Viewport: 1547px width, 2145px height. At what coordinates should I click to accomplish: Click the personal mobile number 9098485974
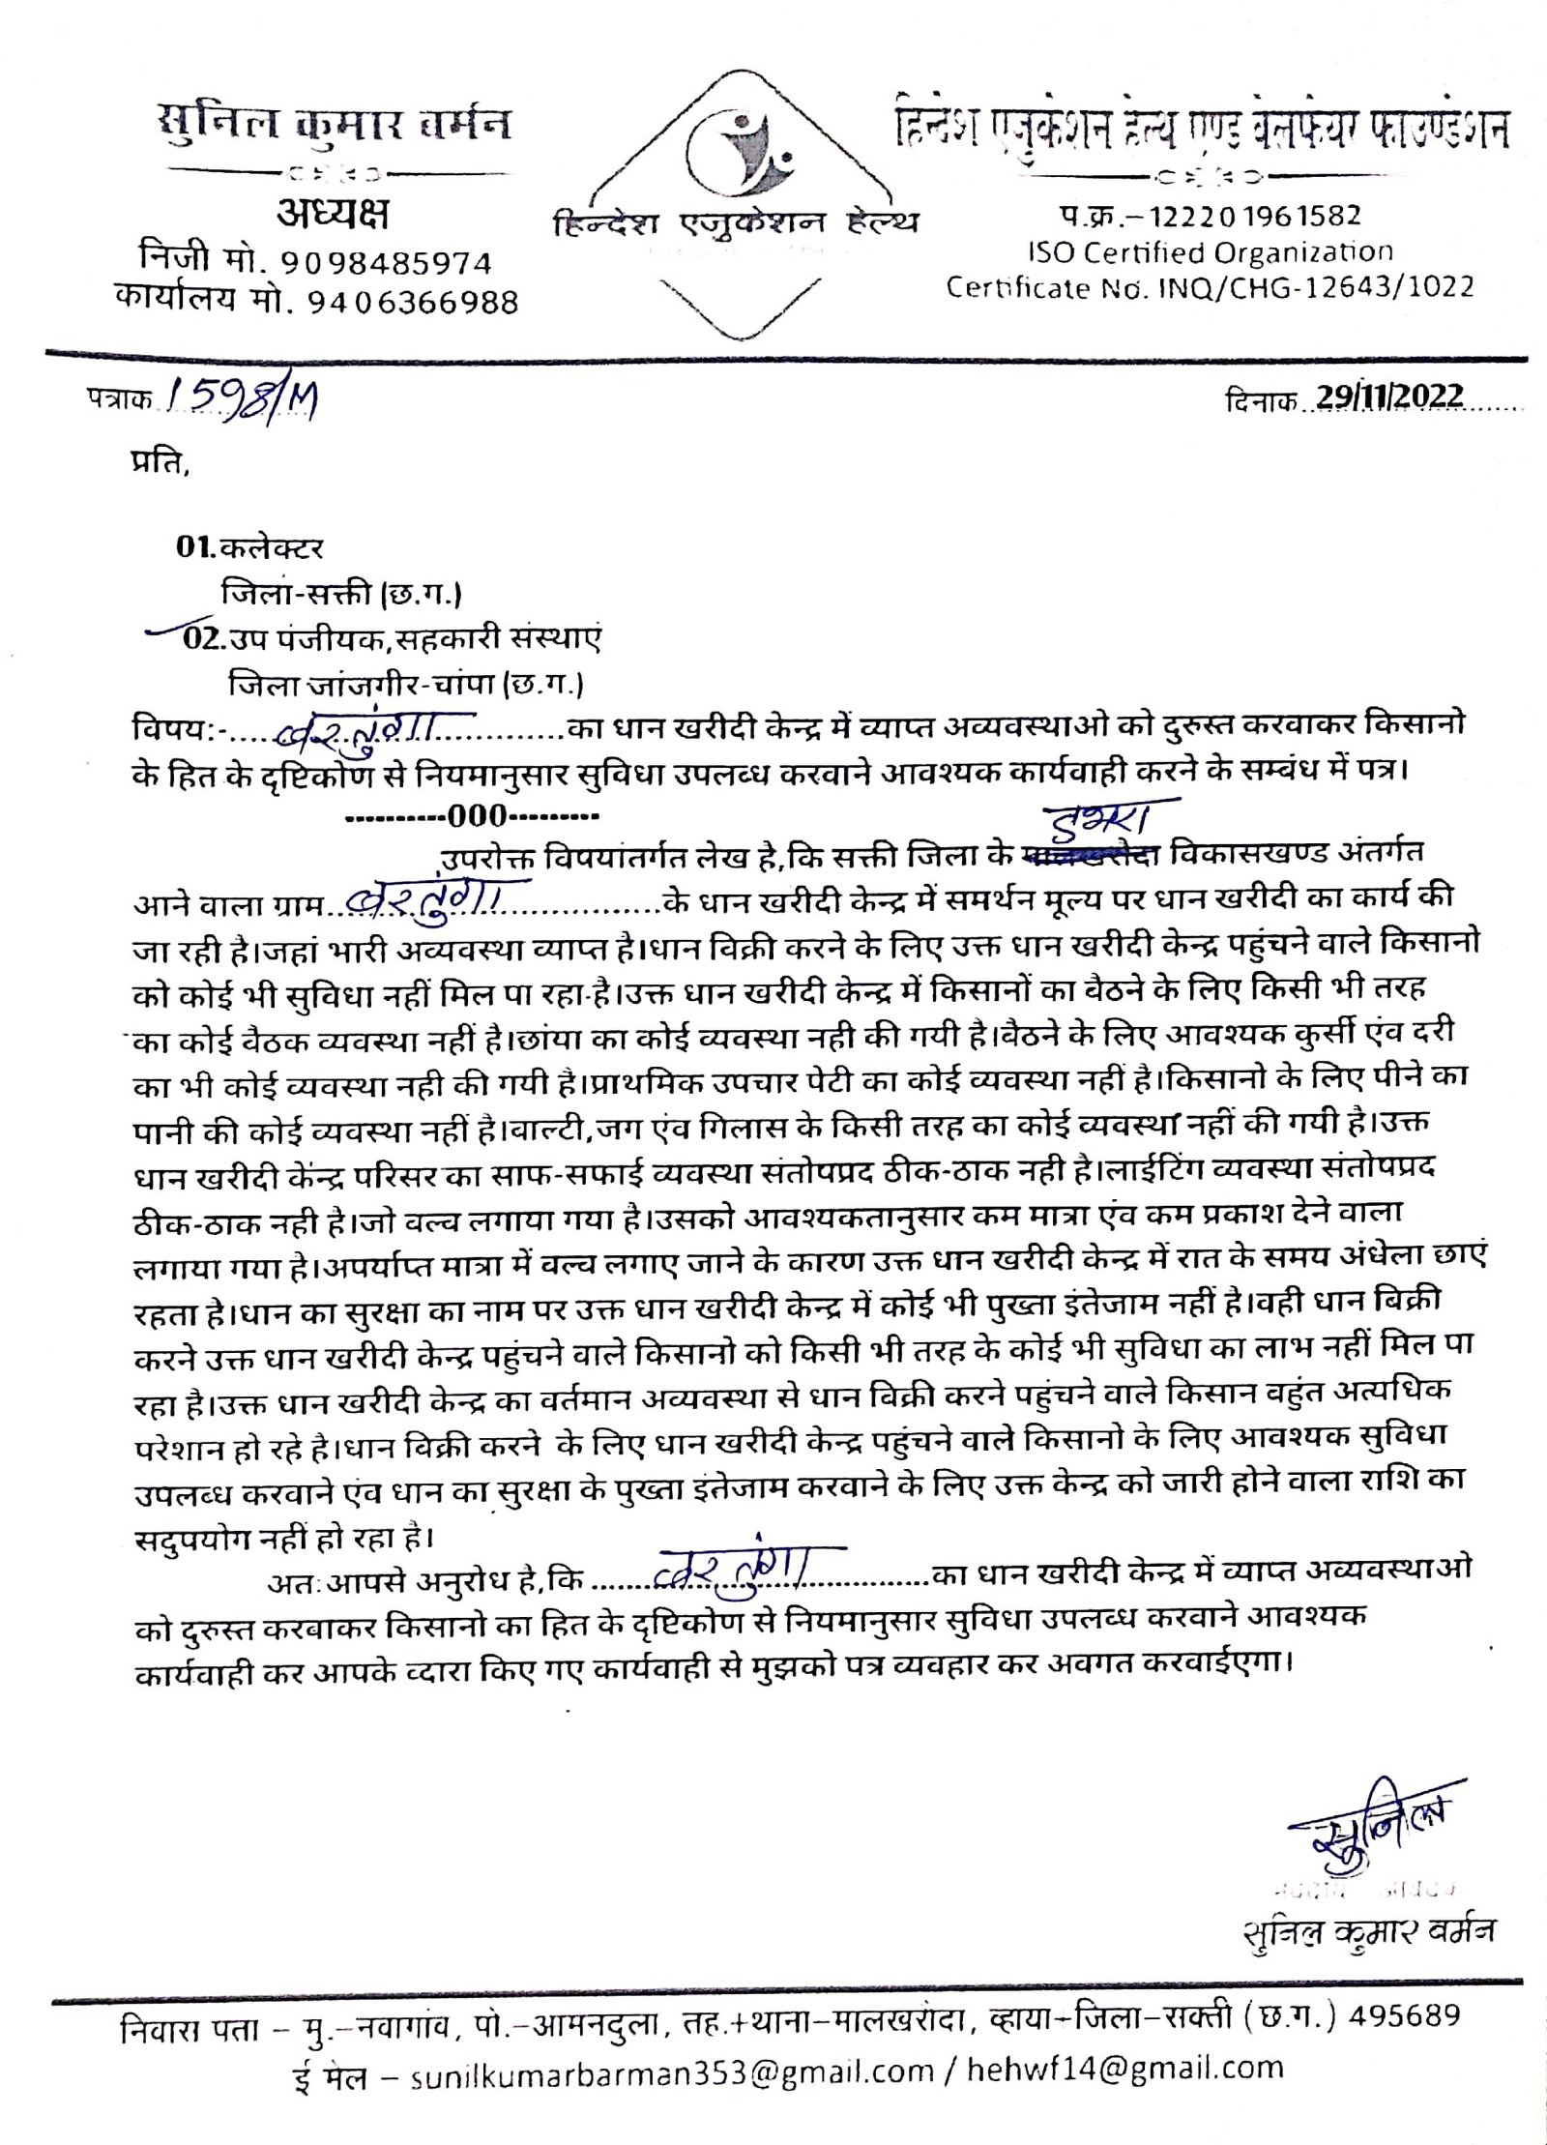pos(387,263)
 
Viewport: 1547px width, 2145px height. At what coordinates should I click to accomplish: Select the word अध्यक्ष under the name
pos(333,216)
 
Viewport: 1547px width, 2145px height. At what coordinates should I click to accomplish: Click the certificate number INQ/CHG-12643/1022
pos(1316,287)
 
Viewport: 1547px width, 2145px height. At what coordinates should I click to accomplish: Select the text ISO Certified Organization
pos(1210,252)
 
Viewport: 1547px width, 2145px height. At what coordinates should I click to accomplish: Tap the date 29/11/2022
pos(1389,397)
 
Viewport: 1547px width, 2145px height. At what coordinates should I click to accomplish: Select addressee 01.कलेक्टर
pos(249,548)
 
